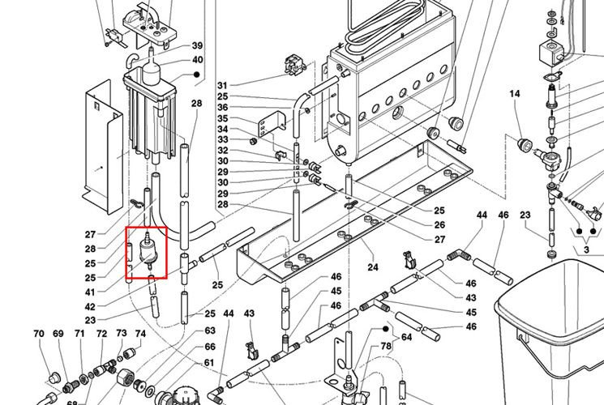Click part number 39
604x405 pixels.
click(198, 45)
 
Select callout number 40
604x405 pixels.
click(198, 60)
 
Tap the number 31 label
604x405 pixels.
click(222, 86)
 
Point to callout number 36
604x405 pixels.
click(222, 108)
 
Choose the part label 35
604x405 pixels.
click(222, 119)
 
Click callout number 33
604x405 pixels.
click(222, 140)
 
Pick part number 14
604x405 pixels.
click(514, 95)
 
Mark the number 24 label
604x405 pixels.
click(373, 266)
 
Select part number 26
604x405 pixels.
click(439, 224)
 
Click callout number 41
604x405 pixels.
click(90, 292)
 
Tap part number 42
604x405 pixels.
click(90, 307)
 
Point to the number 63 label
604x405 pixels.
click(209, 330)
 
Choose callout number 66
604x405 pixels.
click(209, 347)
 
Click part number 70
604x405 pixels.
click(38, 334)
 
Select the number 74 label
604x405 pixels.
click(140, 334)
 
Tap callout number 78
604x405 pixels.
click(386, 347)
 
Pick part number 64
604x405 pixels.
click(407, 337)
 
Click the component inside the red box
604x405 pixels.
click(147, 249)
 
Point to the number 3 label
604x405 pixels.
click(586, 251)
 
